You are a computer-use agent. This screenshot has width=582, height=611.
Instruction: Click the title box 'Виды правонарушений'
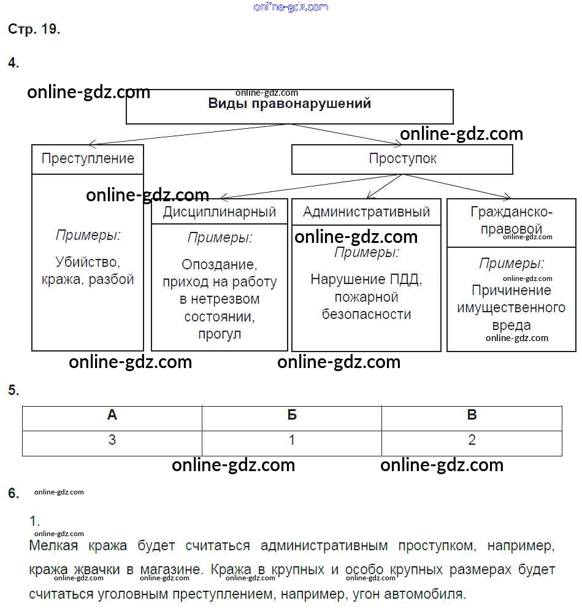[x=289, y=104]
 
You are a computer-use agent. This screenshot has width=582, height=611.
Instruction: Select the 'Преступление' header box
[x=88, y=159]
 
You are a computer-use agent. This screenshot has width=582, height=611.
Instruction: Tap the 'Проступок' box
[x=402, y=159]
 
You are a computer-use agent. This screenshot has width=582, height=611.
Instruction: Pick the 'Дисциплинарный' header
[x=220, y=212]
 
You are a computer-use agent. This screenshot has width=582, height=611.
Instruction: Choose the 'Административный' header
[x=366, y=212]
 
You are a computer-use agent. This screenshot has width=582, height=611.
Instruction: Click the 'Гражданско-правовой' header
[x=511, y=221]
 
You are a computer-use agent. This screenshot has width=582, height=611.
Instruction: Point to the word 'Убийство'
[x=87, y=263]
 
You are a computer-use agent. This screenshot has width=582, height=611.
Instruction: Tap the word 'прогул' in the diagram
[x=220, y=334]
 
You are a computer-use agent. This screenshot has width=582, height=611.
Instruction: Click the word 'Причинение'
[x=511, y=290]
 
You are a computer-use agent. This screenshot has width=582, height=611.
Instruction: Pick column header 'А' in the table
[x=112, y=415]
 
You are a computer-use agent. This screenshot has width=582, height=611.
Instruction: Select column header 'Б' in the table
[x=292, y=415]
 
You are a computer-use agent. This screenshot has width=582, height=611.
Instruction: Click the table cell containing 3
[x=112, y=440]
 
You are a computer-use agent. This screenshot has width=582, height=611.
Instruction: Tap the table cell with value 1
[x=292, y=440]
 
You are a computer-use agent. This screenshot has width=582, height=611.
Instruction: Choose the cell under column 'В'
[x=472, y=440]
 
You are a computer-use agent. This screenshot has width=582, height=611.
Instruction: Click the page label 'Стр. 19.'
[x=34, y=29]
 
